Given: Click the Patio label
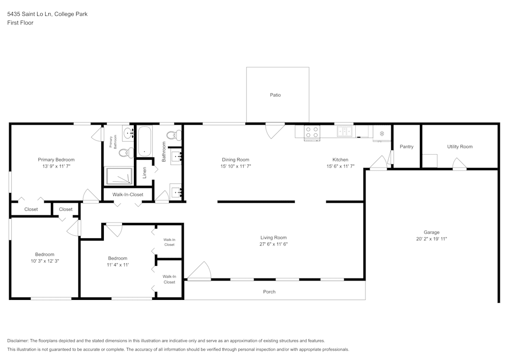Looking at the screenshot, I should tap(275, 95).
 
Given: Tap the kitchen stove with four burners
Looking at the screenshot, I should tap(312, 132).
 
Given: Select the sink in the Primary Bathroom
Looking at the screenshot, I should tap(128, 133).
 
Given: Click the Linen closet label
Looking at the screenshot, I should tap(145, 172).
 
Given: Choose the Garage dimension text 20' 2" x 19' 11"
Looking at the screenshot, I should tap(431, 239).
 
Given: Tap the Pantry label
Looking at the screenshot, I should tap(407, 147).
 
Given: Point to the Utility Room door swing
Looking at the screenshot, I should tap(459, 163).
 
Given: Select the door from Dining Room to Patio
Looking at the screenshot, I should tap(274, 130).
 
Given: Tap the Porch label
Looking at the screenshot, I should tap(269, 292).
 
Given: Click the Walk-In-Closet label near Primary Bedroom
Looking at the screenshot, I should tap(128, 195).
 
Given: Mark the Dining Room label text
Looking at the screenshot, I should tap(236, 159).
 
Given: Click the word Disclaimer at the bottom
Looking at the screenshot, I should tap(18, 341).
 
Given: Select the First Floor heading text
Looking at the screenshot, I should tap(20, 23).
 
